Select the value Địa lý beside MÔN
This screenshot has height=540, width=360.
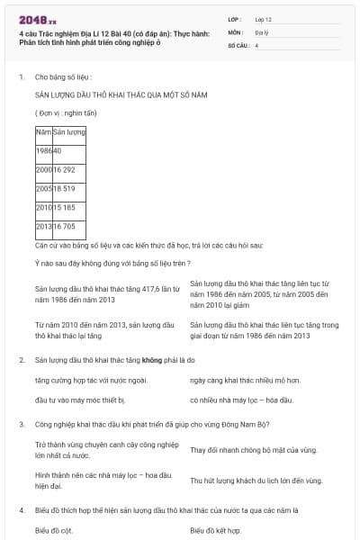click(260, 31)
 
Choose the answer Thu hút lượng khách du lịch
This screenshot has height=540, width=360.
click(256, 481)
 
